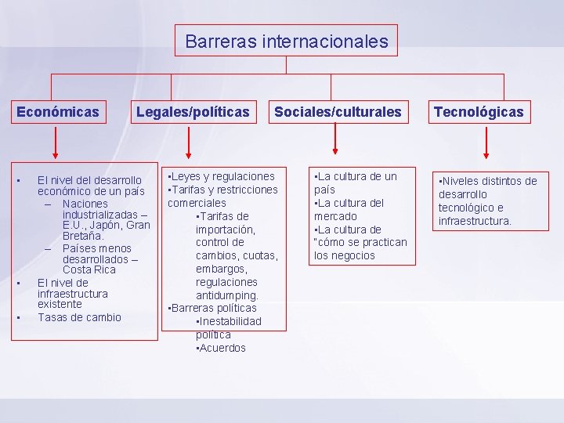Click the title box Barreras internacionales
click(287, 41)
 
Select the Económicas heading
click(58, 112)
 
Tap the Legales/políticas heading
click(193, 112)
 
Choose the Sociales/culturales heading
click(338, 112)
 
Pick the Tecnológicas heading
click(478, 112)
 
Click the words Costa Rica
click(89, 269)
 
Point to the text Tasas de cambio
click(79, 317)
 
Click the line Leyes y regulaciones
click(223, 176)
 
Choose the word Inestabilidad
click(230, 321)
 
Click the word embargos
click(221, 269)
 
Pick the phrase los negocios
click(345, 255)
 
